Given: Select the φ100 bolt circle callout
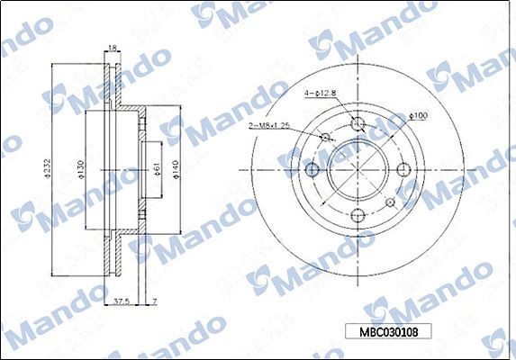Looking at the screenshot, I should coord(418,115).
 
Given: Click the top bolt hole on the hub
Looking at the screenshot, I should coord(358,123).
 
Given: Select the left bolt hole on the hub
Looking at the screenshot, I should coord(313,168).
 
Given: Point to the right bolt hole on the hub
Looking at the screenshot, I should coord(403,168).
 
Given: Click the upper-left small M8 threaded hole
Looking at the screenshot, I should coord(327,137).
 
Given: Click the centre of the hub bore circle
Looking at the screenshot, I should coord(358,168).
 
